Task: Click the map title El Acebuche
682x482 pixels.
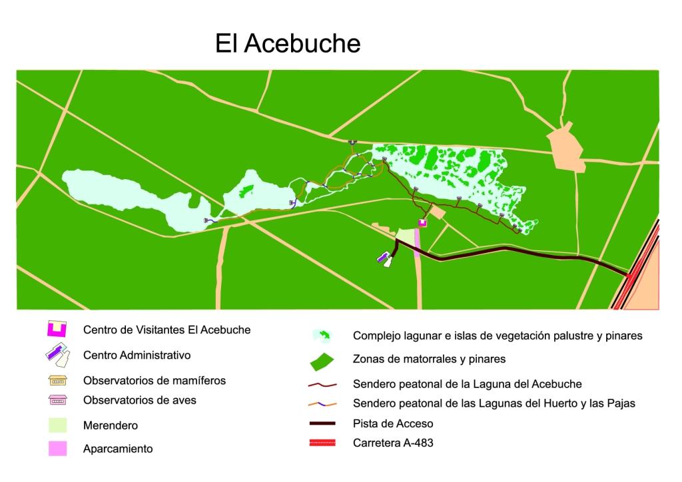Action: coord(287,44)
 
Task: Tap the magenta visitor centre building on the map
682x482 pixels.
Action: coord(422,224)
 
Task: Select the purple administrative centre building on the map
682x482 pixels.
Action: coord(383,258)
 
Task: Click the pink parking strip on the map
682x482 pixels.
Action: coord(418,242)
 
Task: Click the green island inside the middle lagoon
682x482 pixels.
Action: coord(246,191)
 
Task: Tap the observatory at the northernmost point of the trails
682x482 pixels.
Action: coord(352,142)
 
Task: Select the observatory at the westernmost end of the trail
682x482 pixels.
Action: coord(207,220)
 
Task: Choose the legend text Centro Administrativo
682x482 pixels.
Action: coord(137,356)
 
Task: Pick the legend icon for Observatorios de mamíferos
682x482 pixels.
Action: coord(57,381)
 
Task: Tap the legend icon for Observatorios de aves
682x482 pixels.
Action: coord(57,401)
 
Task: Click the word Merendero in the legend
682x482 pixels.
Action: coord(110,425)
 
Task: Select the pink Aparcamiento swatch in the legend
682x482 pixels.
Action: coord(57,448)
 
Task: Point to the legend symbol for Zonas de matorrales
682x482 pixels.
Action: coord(322,360)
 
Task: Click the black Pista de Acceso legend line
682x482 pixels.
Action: coord(322,423)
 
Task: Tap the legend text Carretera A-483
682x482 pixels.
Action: coord(393,443)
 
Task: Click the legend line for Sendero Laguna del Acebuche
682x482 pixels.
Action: coord(322,385)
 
